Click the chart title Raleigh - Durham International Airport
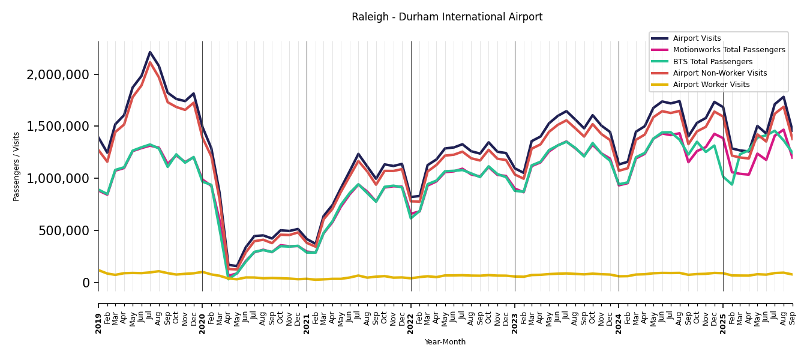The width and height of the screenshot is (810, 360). pyautogui.click(x=447, y=17)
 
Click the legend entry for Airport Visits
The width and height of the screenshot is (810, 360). pyautogui.click(x=697, y=38)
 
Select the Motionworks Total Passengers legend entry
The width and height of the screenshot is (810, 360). pyautogui.click(x=728, y=50)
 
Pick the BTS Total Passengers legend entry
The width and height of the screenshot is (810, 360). pyautogui.click(x=712, y=62)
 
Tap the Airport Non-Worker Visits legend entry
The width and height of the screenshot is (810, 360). pyautogui.click(x=719, y=73)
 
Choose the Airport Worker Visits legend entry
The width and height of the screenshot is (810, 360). pyautogui.click(x=711, y=85)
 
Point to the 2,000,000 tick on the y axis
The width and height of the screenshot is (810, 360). pyautogui.click(x=58, y=75)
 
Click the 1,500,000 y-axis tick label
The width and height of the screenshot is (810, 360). pyautogui.click(x=58, y=127)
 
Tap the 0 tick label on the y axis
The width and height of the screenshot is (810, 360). pyautogui.click(x=86, y=283)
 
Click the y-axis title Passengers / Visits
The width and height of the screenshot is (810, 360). pyautogui.click(x=17, y=166)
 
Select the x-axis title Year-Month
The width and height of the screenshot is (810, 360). pyautogui.click(x=445, y=342)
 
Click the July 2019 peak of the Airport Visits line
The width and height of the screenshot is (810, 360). pyautogui.click(x=150, y=52)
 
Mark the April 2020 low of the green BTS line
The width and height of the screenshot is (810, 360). pyautogui.click(x=229, y=278)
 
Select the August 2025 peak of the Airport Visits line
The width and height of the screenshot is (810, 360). pyautogui.click(x=783, y=97)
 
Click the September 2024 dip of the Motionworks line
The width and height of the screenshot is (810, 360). pyautogui.click(x=688, y=162)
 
